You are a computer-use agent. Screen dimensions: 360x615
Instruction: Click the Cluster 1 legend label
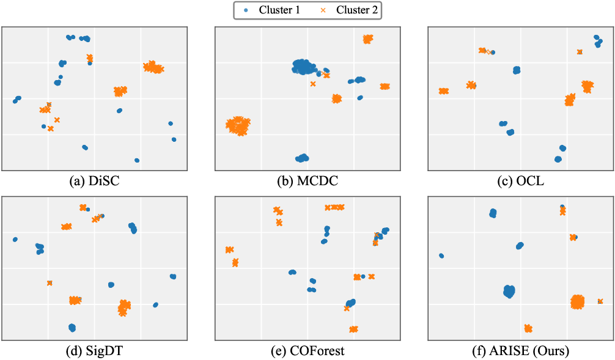[x=279, y=10]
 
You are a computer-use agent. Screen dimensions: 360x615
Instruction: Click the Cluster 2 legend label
[x=356, y=10]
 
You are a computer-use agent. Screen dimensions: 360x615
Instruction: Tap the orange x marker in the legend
[x=322, y=10]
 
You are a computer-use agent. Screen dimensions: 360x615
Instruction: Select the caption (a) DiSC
[x=94, y=182]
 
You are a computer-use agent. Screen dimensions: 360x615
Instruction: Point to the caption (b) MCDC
[x=307, y=182]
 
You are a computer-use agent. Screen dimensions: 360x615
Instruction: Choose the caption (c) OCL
[x=520, y=182]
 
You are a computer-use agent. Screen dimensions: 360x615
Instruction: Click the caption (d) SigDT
[x=94, y=351]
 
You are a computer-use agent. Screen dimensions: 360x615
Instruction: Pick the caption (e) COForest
[x=307, y=351]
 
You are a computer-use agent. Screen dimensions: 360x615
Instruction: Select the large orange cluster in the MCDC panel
[x=238, y=125]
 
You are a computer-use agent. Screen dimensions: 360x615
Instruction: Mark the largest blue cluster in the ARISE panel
[x=509, y=291]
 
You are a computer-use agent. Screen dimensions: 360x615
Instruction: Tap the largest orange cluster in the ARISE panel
[x=577, y=301]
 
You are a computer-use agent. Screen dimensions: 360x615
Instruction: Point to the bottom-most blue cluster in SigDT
[x=72, y=328]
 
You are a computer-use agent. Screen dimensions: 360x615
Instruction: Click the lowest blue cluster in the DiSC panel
[x=137, y=160]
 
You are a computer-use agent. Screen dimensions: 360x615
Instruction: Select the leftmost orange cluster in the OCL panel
[x=443, y=91]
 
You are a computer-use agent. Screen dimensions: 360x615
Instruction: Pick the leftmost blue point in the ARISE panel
[x=441, y=255]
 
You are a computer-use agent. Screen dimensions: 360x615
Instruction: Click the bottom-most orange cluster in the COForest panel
[x=353, y=329]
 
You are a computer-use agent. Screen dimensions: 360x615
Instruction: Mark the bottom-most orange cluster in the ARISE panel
[x=528, y=328]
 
